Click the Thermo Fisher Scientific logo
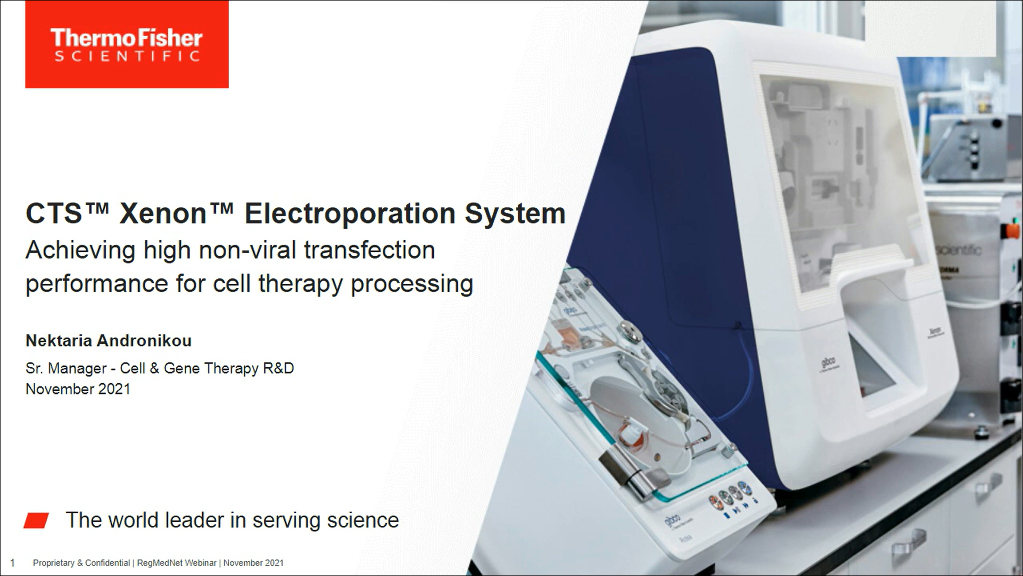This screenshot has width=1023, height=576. [x=127, y=44]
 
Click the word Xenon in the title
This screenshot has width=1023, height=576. [x=163, y=214]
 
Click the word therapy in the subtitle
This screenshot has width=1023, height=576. [x=301, y=284]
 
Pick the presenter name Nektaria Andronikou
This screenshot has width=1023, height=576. [x=109, y=341]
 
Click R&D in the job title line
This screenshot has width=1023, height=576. [x=278, y=368]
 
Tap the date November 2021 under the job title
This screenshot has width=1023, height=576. [x=78, y=389]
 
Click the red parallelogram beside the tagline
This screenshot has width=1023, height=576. [x=36, y=520]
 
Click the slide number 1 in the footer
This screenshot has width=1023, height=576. [x=12, y=563]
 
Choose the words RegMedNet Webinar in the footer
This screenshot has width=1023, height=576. [x=177, y=563]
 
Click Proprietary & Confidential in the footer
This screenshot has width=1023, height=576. [x=81, y=563]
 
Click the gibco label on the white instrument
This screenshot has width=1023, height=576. [x=828, y=363]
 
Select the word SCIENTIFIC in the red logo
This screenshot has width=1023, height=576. [x=127, y=56]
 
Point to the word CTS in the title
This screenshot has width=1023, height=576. [x=54, y=214]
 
